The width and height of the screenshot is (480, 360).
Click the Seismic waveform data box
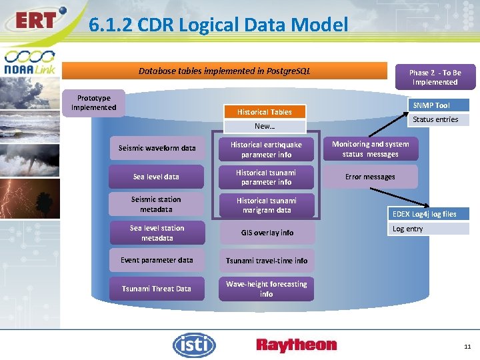pyautogui.click(x=157, y=148)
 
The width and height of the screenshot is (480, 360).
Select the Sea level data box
pyautogui.click(x=156, y=177)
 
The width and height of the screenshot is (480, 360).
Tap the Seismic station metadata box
pyautogui.click(x=156, y=205)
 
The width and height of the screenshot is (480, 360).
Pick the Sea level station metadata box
pyautogui.click(x=157, y=233)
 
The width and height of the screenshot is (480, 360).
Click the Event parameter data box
pyautogui.click(x=157, y=261)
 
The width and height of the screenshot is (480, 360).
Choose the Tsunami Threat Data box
pyautogui.click(x=157, y=289)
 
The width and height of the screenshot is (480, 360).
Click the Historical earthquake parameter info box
pyautogui.click(x=266, y=149)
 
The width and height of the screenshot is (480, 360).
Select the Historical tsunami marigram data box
pyautogui.click(x=266, y=205)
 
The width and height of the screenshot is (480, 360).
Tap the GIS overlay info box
pyautogui.click(x=267, y=233)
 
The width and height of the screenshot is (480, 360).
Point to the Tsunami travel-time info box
pyautogui.click(x=267, y=261)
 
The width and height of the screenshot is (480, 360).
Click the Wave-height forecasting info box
pyautogui.click(x=266, y=289)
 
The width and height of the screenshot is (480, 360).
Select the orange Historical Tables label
pyautogui.click(x=265, y=112)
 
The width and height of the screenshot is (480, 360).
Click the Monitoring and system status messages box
pyautogui.click(x=371, y=149)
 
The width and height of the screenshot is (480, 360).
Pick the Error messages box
pyautogui.click(x=370, y=177)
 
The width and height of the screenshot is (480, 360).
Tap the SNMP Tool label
pyautogui.click(x=431, y=105)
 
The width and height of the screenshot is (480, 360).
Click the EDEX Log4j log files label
pyautogui.click(x=425, y=214)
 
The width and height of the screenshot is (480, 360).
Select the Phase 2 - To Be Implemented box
pyautogui.click(x=435, y=77)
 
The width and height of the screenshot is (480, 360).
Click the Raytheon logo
pyautogui.click(x=297, y=345)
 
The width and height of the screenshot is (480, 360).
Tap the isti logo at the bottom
pyautogui.click(x=195, y=345)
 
